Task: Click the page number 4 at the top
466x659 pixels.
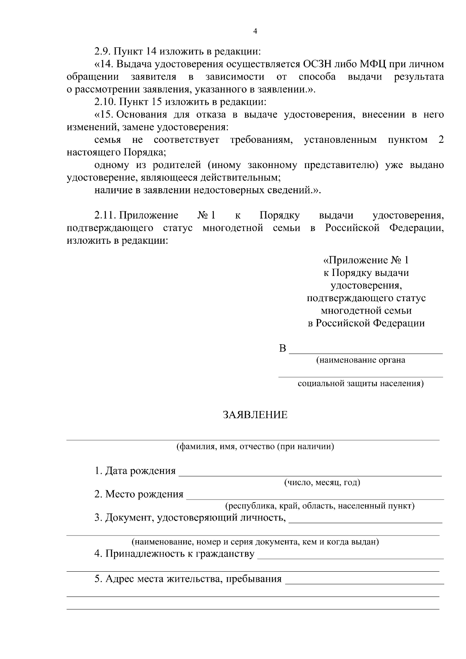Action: point(255,31)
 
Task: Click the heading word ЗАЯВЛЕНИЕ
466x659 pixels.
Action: point(255,415)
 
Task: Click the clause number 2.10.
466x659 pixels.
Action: point(105,102)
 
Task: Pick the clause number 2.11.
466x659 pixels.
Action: point(105,215)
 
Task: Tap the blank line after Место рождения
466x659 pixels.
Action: point(315,498)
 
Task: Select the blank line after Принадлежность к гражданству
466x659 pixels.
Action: point(350,557)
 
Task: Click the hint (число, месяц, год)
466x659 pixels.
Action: point(322,483)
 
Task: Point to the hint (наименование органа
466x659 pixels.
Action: point(361,360)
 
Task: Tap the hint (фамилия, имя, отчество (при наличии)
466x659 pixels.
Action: point(255,447)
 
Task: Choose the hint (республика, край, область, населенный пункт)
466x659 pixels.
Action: point(320,506)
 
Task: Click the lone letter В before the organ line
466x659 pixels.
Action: point(282,349)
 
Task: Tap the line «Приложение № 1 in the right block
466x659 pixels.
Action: point(366,260)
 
